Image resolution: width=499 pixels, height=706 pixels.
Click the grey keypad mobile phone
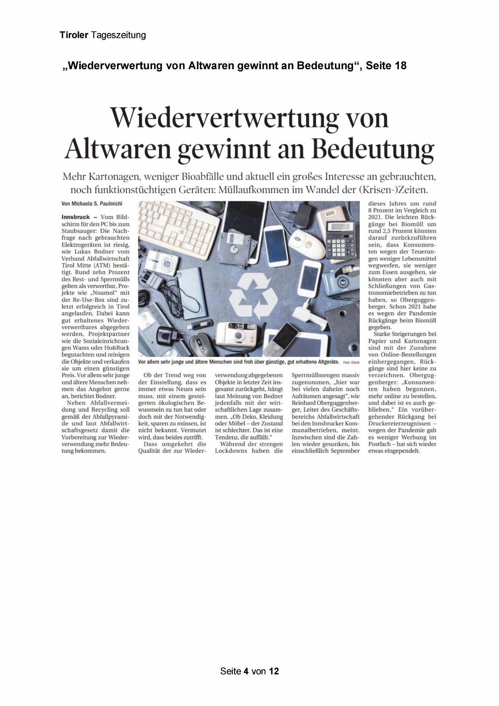[x=293, y=338]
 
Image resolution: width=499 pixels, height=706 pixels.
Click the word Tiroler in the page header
[x=74, y=35]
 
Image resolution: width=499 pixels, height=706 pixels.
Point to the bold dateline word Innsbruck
[x=76, y=217]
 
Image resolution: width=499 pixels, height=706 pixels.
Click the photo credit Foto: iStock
[x=351, y=362]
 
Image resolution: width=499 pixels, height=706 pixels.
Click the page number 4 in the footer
[x=246, y=671]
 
